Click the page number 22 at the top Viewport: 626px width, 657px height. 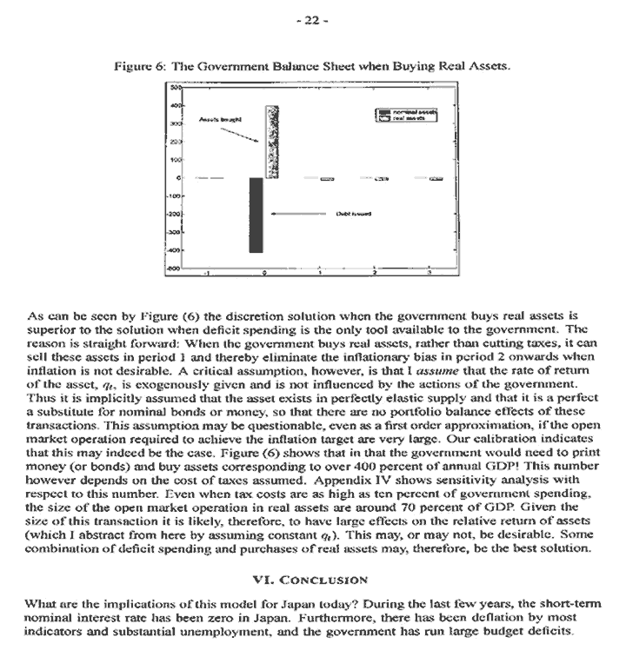[312, 22]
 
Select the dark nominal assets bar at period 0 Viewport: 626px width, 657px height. [256, 215]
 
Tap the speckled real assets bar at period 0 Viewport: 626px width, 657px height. [271, 142]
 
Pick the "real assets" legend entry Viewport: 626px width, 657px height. [409, 118]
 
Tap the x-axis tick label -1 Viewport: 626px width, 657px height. [206, 273]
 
